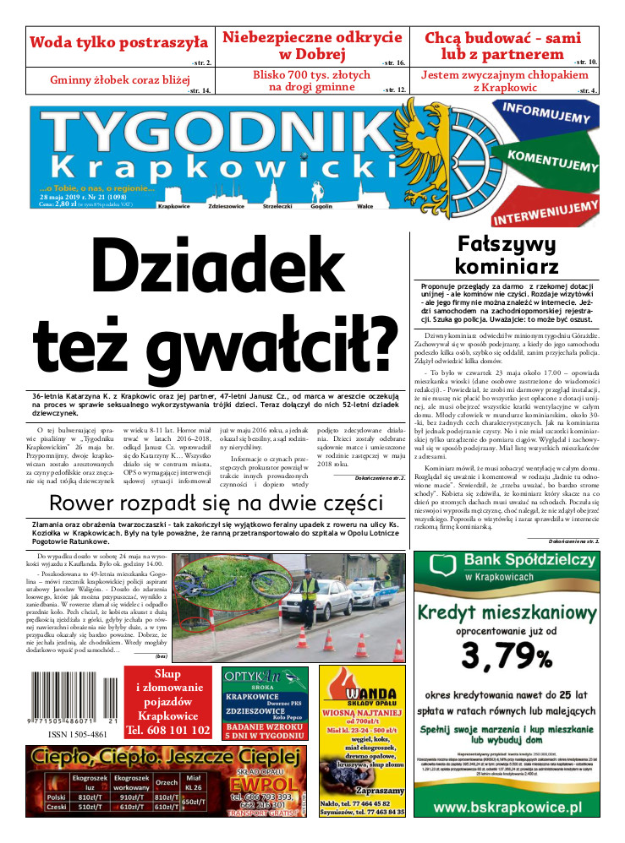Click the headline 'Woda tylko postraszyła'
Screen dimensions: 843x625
118,41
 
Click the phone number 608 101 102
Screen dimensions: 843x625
167,730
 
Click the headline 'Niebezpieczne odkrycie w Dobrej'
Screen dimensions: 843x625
311,46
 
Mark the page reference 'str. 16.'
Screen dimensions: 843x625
394,63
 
